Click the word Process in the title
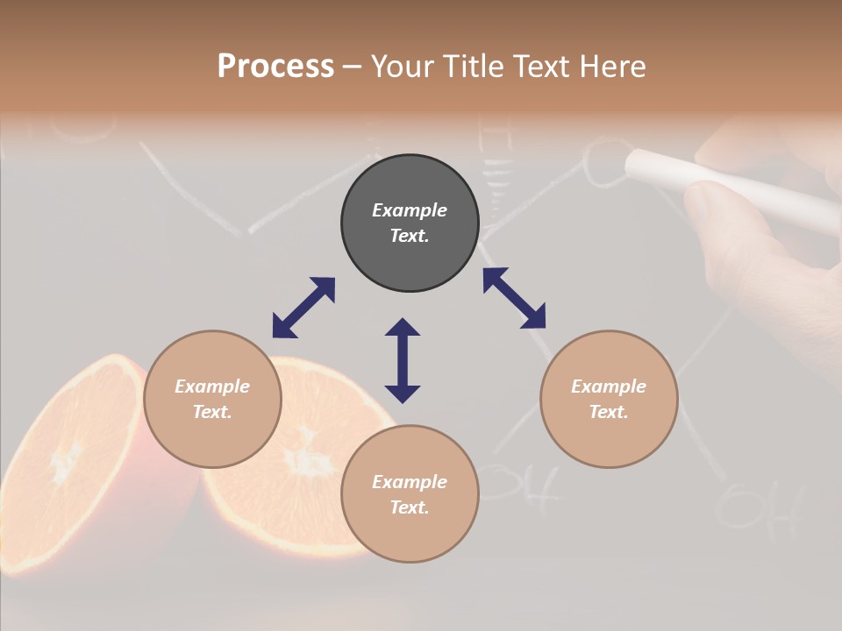(x=275, y=67)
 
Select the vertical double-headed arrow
(x=403, y=360)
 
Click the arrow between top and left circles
(x=303, y=308)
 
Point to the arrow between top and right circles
(x=514, y=298)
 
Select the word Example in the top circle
(x=410, y=210)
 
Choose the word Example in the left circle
(x=212, y=386)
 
